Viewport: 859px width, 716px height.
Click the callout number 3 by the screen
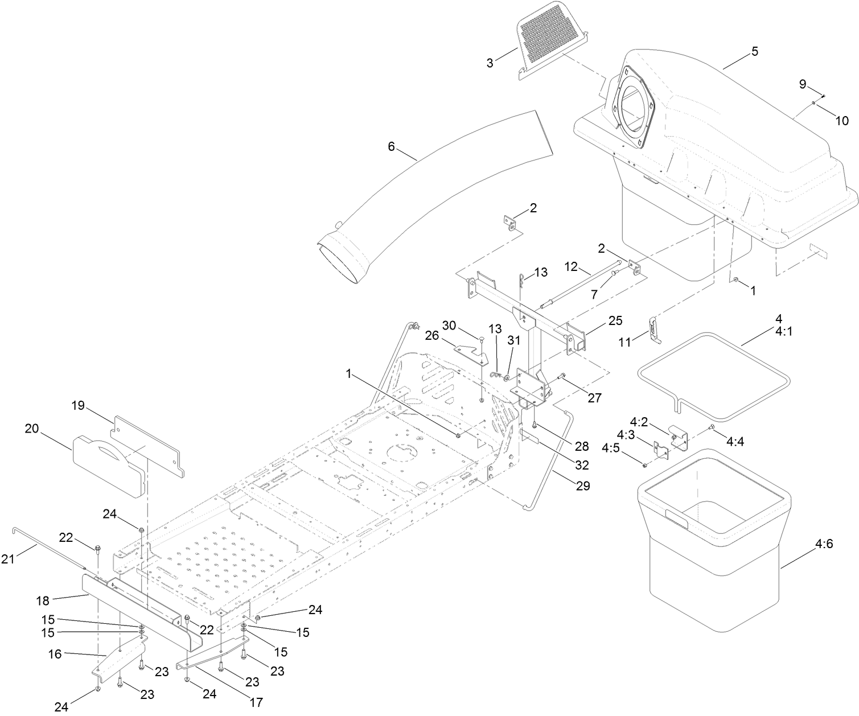pyautogui.click(x=490, y=62)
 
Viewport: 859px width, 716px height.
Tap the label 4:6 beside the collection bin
pyautogui.click(x=824, y=544)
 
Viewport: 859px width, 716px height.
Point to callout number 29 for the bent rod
pyautogui.click(x=583, y=486)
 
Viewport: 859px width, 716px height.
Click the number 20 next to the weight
pyautogui.click(x=31, y=429)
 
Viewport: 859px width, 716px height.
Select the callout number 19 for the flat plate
pyautogui.click(x=78, y=405)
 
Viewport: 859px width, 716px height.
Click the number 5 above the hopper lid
pyautogui.click(x=755, y=51)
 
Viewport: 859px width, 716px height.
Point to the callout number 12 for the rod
pyautogui.click(x=571, y=266)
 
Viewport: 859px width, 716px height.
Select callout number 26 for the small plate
pyautogui.click(x=431, y=336)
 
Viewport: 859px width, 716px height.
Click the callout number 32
pyautogui.click(x=581, y=464)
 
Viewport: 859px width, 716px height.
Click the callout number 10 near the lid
pyautogui.click(x=841, y=120)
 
